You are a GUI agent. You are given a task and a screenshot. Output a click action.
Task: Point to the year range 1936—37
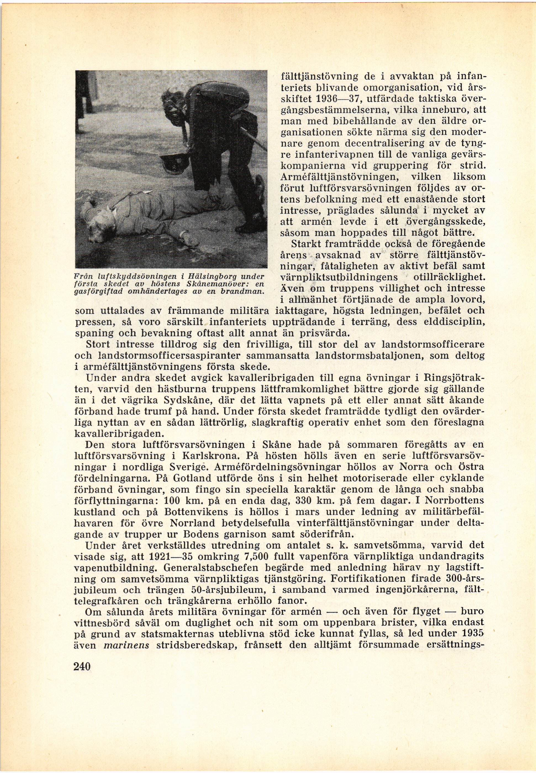coord(340,99)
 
